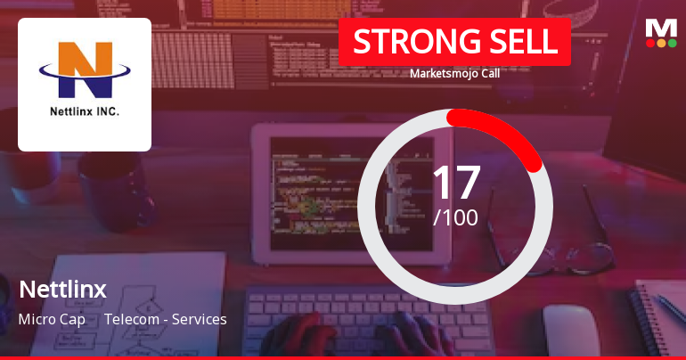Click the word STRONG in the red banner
click(406, 42)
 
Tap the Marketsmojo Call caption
click(454, 74)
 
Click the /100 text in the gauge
click(455, 217)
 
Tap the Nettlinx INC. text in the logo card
click(85, 113)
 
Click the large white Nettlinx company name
click(62, 290)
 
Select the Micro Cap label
click(52, 319)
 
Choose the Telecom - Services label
click(166, 319)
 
